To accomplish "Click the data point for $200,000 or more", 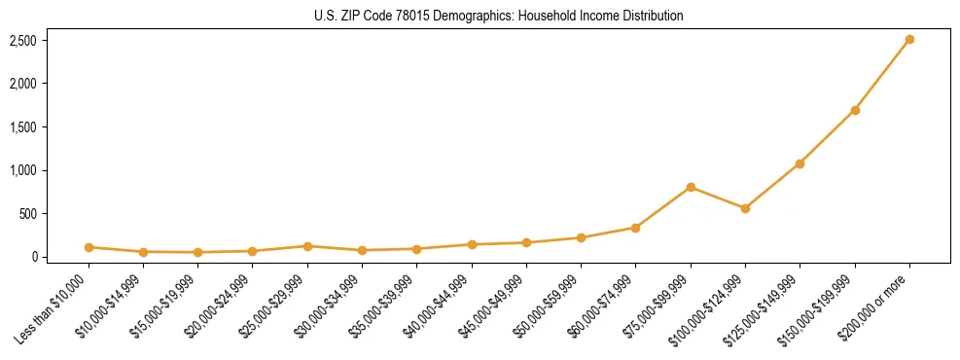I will coord(909,40).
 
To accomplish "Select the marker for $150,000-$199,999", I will coord(855,110).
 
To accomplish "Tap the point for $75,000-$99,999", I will coord(691,187).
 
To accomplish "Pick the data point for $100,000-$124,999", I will coord(745,208).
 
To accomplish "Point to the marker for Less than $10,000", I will coord(89,247).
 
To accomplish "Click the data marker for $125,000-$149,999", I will coord(800,163).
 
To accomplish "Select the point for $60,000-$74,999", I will coord(636,228).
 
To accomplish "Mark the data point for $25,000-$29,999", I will coord(307,246).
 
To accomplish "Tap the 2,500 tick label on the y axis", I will coord(23,41).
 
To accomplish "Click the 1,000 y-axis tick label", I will coord(23,170).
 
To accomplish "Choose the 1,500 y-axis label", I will coord(23,127).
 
